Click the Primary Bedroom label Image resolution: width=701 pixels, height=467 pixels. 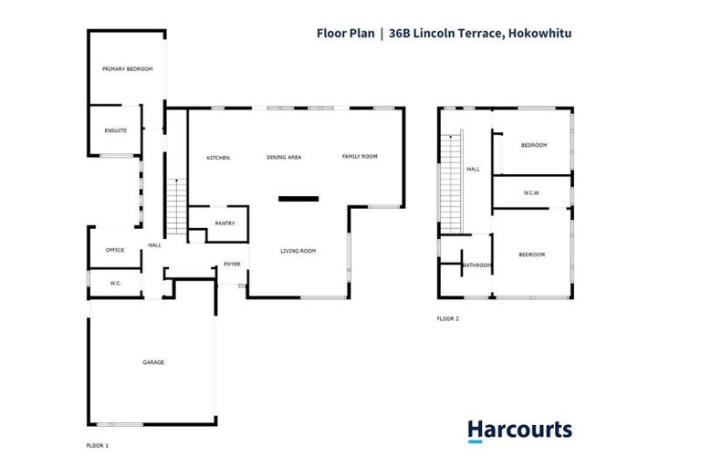(127, 69)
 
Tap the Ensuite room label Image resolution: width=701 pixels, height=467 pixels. (115, 131)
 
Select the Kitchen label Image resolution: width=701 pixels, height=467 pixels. (218, 158)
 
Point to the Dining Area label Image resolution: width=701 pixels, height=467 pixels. (284, 158)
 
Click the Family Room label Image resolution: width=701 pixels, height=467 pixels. (360, 157)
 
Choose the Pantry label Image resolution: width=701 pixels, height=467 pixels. (225, 223)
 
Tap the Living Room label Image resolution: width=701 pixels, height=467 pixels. (298, 251)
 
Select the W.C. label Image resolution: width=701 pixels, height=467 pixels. (116, 284)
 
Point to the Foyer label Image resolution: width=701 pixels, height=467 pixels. (232, 265)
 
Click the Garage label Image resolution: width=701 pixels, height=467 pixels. (152, 363)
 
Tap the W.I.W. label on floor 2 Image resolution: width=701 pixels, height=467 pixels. (533, 192)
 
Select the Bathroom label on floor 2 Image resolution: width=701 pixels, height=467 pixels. (477, 265)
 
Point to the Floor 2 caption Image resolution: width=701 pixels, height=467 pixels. (447, 318)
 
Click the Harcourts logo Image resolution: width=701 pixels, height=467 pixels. (519, 431)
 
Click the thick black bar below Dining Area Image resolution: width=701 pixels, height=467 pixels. (298, 198)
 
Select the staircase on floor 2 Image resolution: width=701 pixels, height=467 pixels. (451, 182)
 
